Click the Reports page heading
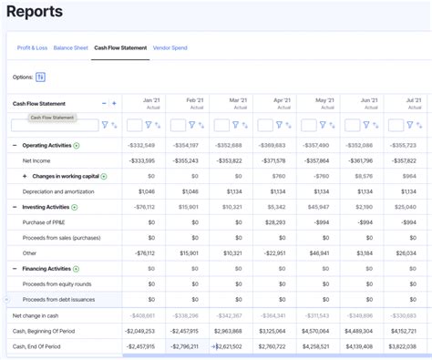pos(34,13)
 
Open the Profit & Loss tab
pos(33,47)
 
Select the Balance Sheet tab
pos(70,47)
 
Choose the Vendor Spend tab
pos(170,47)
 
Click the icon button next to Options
pos(41,77)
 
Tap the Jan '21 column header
pos(151,100)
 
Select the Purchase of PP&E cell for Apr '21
pos(274,222)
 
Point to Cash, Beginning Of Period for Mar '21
pos(229,331)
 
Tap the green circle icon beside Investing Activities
pos(77,207)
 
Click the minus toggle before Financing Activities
pos(15,269)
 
